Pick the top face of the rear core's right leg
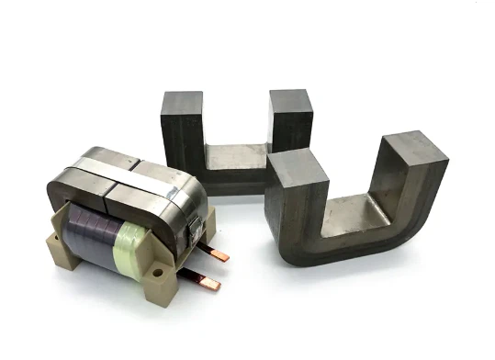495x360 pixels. (291, 100)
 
